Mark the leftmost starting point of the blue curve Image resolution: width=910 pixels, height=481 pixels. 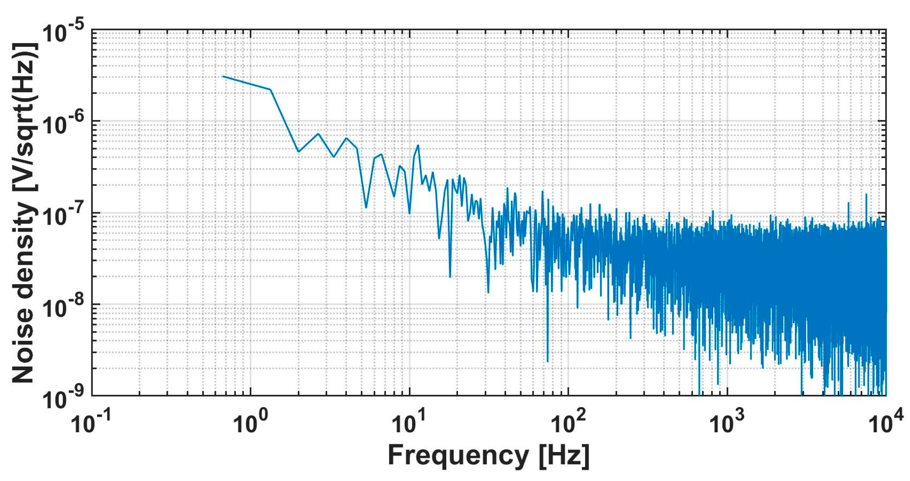(223, 76)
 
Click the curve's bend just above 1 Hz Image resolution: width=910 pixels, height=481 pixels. (271, 89)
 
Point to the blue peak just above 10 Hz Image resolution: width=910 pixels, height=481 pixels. (418, 145)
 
